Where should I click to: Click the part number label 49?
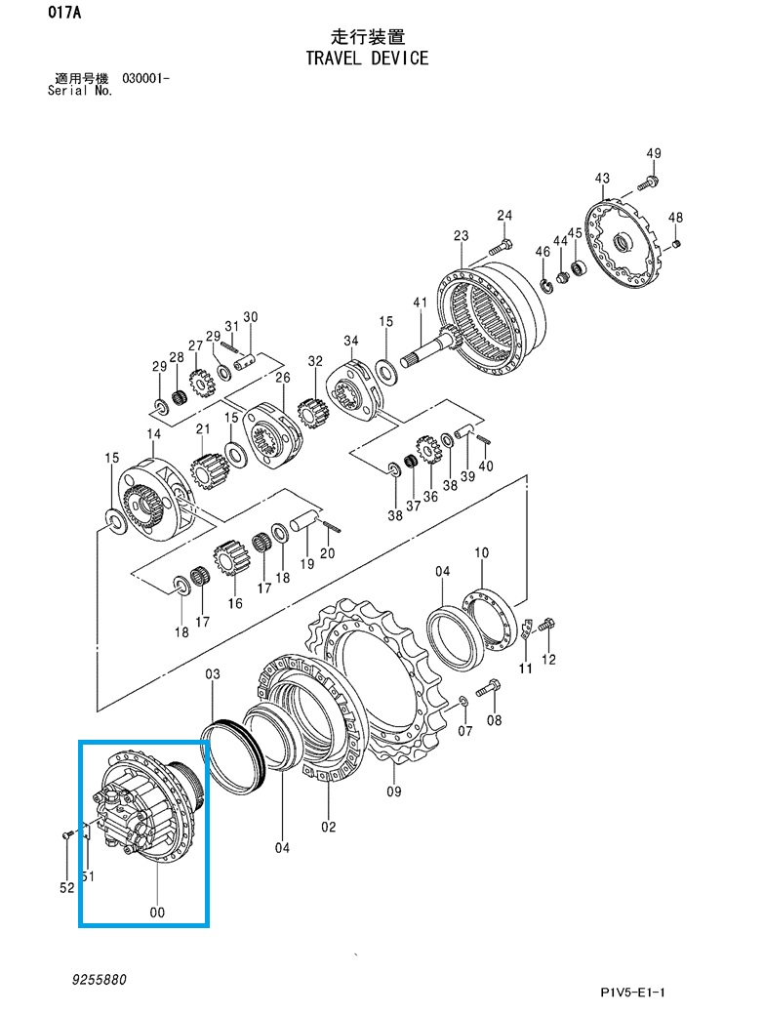(x=654, y=153)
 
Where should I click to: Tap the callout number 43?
(x=602, y=178)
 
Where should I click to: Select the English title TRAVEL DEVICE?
(x=367, y=59)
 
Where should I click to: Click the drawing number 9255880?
(x=99, y=980)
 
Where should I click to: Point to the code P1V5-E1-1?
(x=632, y=993)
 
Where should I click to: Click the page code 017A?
(x=64, y=13)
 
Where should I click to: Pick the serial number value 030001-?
(x=146, y=79)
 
